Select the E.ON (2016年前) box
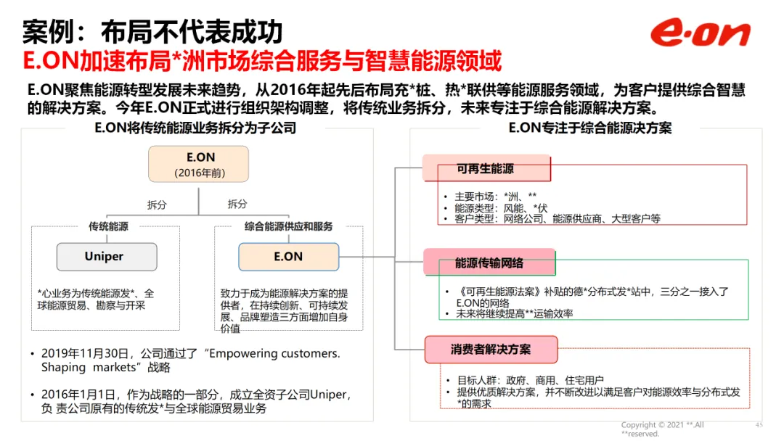198,164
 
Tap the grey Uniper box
107,257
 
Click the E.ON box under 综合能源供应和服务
288,257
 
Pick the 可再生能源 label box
486,169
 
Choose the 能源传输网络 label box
489,263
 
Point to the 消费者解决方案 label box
490,350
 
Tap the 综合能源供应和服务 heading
288,226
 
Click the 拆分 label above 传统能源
157,205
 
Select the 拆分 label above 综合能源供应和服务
237,205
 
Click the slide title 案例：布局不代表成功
153,32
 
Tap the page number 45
759,425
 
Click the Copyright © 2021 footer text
662,425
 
